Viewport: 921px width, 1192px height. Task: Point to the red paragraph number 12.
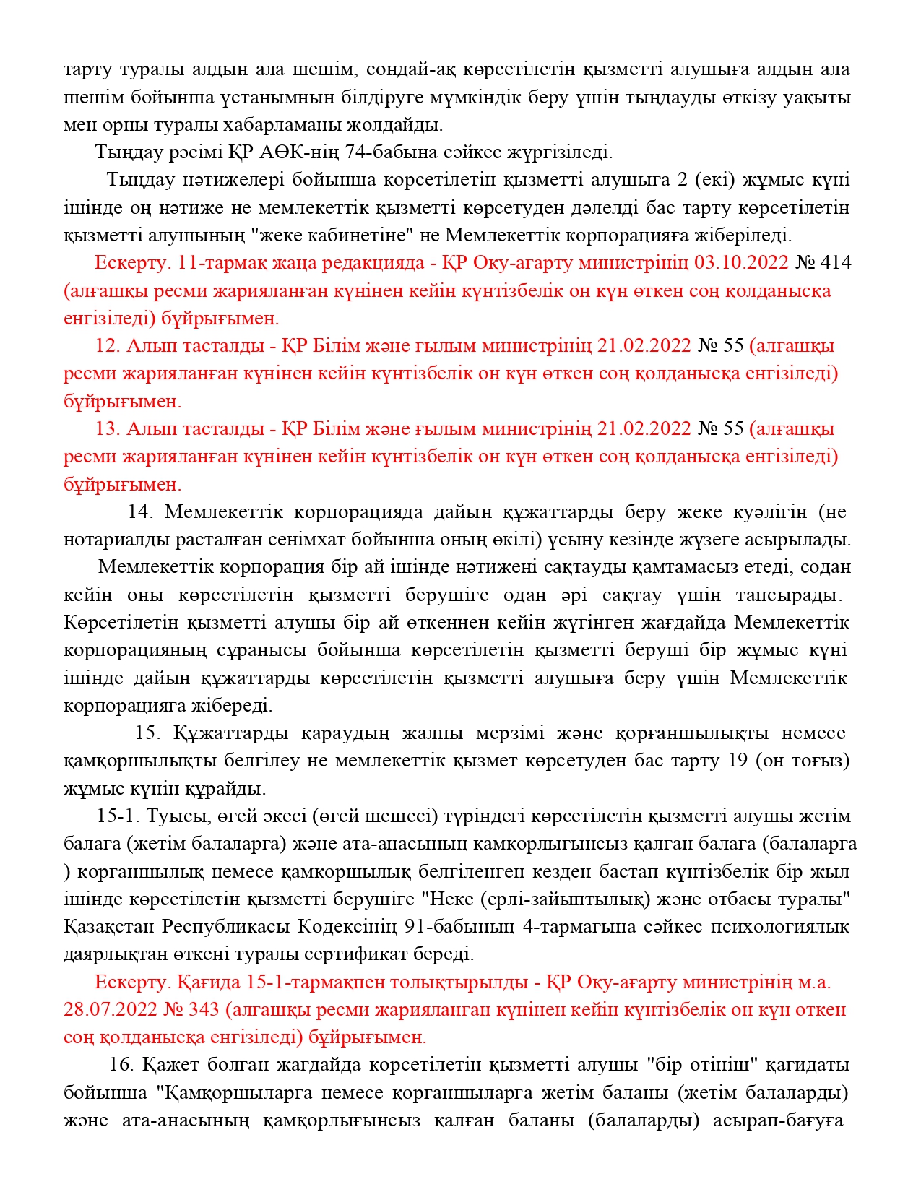107,346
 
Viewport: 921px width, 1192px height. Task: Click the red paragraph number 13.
107,429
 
